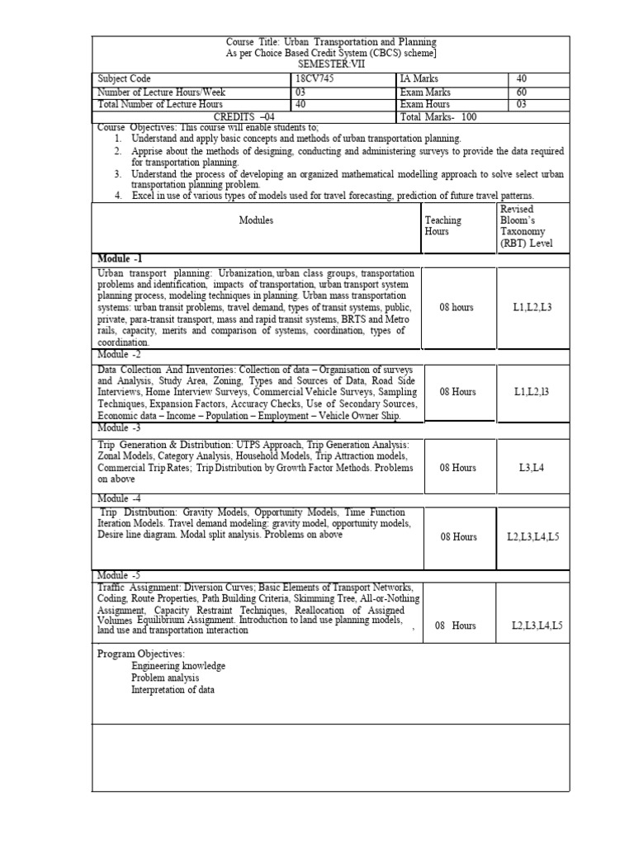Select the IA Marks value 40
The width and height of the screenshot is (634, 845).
(522, 79)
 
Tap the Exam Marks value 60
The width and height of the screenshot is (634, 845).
(522, 92)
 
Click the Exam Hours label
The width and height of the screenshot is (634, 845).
(425, 105)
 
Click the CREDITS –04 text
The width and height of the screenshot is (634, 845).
(244, 117)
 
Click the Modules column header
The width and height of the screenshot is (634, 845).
(256, 220)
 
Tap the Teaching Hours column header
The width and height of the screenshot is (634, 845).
(443, 226)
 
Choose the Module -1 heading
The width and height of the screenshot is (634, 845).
(121, 258)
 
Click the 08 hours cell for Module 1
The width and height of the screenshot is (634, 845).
(457, 308)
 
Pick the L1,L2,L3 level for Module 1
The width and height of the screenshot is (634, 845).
(532, 308)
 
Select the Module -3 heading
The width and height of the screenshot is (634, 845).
(120, 428)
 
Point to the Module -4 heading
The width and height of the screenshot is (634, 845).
(120, 498)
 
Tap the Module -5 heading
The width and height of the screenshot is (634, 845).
(120, 574)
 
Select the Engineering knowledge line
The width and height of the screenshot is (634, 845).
(178, 666)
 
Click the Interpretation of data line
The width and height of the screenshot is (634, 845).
(173, 690)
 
